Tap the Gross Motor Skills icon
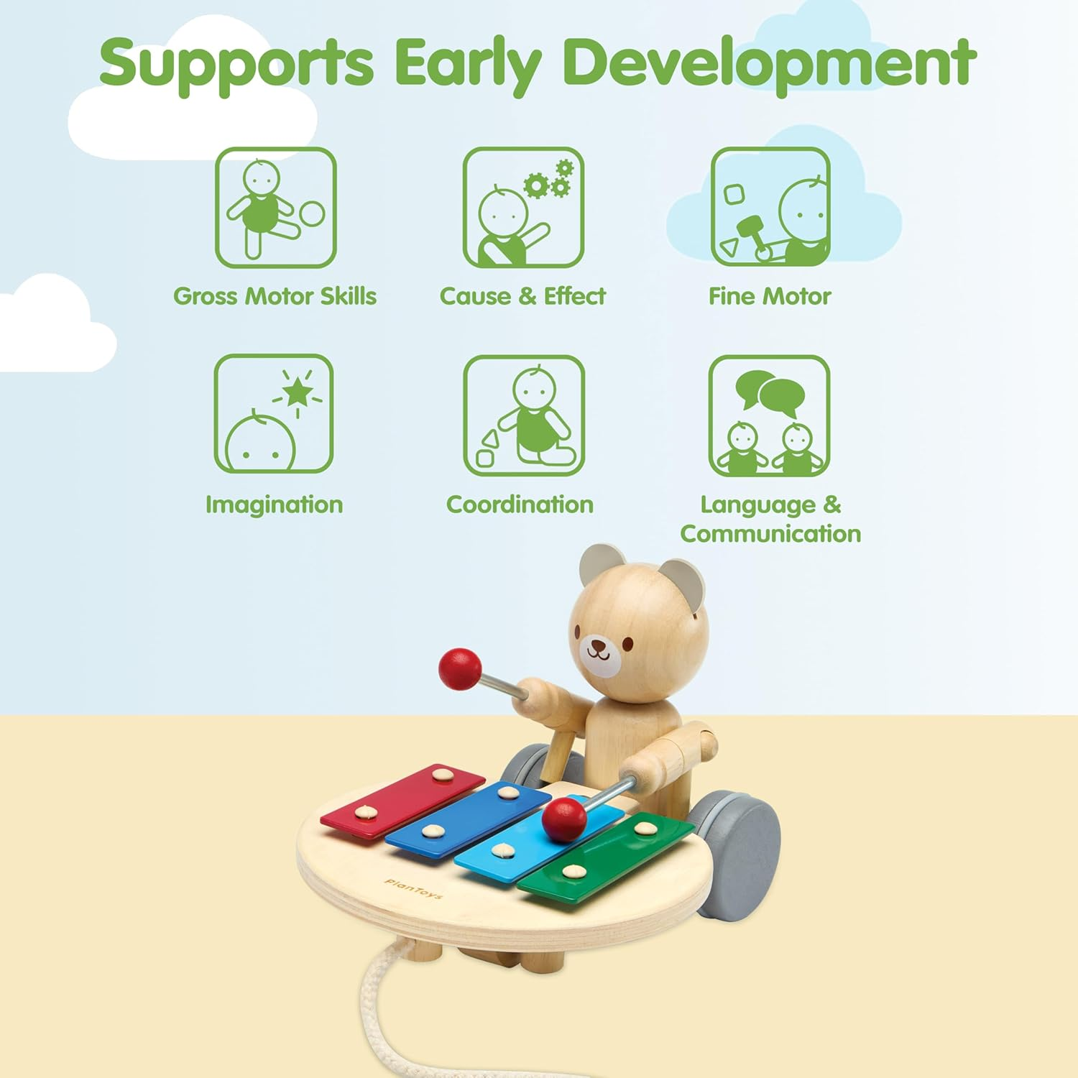[275, 208]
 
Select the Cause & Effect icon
[523, 208]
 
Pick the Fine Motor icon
[770, 208]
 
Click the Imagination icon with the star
[274, 414]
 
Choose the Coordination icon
[523, 415]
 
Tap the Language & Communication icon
[769, 415]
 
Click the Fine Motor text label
[769, 296]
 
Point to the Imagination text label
[274, 505]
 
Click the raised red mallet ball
[460, 668]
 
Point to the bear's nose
[598, 645]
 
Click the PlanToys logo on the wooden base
[413, 888]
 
